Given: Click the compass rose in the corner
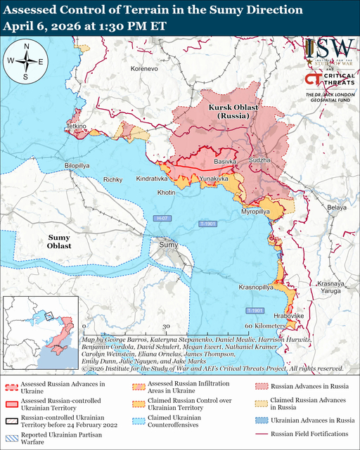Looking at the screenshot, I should (x=25, y=61).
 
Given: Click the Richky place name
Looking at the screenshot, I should (x=113, y=180).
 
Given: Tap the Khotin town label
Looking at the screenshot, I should (x=166, y=192).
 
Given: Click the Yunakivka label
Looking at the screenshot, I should (x=214, y=180).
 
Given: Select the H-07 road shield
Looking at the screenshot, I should (x=162, y=219).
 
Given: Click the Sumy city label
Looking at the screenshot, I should (x=168, y=244).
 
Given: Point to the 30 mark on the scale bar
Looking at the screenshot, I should (x=166, y=327).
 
